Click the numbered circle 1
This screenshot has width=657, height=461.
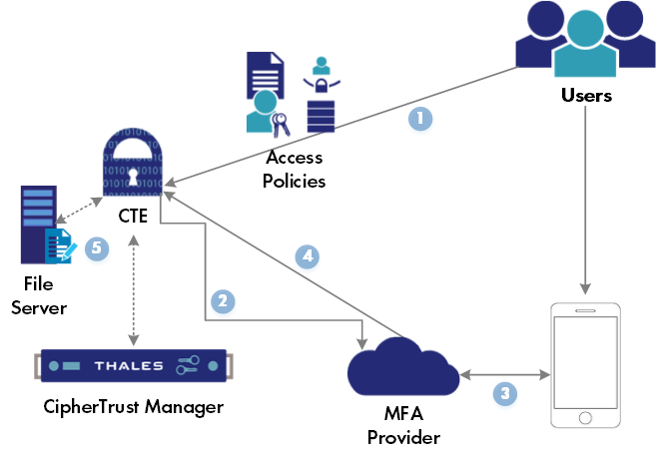[x=420, y=119]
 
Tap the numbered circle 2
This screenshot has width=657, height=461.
[x=224, y=300]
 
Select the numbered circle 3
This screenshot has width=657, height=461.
[x=506, y=393]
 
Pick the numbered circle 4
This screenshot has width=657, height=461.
[x=309, y=257]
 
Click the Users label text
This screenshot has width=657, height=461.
[x=585, y=97]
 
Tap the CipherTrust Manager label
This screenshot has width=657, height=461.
[x=133, y=407]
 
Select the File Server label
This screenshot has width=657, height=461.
[x=39, y=296]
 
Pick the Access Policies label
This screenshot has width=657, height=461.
[x=296, y=170]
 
